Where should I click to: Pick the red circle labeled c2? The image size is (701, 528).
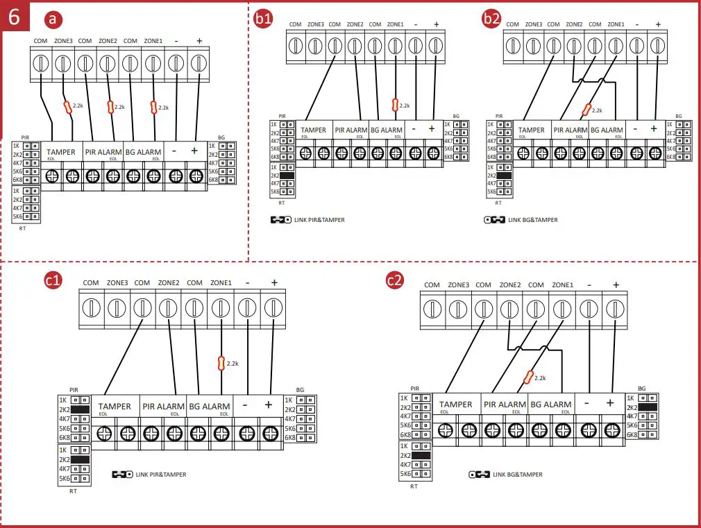(x=394, y=280)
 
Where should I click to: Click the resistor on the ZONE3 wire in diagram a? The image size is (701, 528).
(x=68, y=107)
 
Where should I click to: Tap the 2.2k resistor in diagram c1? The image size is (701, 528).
(x=221, y=363)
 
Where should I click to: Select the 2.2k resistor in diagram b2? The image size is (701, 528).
(x=586, y=110)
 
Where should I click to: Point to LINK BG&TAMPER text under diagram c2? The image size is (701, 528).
(x=517, y=475)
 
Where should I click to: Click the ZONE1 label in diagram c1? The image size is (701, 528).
(x=221, y=282)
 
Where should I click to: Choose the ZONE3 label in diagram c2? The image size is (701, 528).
(x=458, y=284)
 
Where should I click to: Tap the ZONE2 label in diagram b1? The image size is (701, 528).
(x=355, y=24)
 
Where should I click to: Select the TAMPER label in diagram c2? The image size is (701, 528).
(x=456, y=404)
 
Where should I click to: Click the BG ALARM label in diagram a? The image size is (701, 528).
(x=144, y=152)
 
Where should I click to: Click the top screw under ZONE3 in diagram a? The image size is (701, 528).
(x=62, y=64)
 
